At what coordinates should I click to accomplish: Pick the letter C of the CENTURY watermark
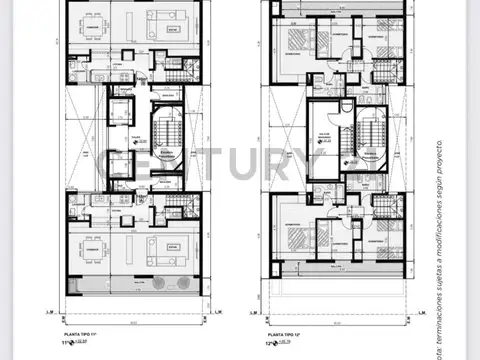coord(116,161)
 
